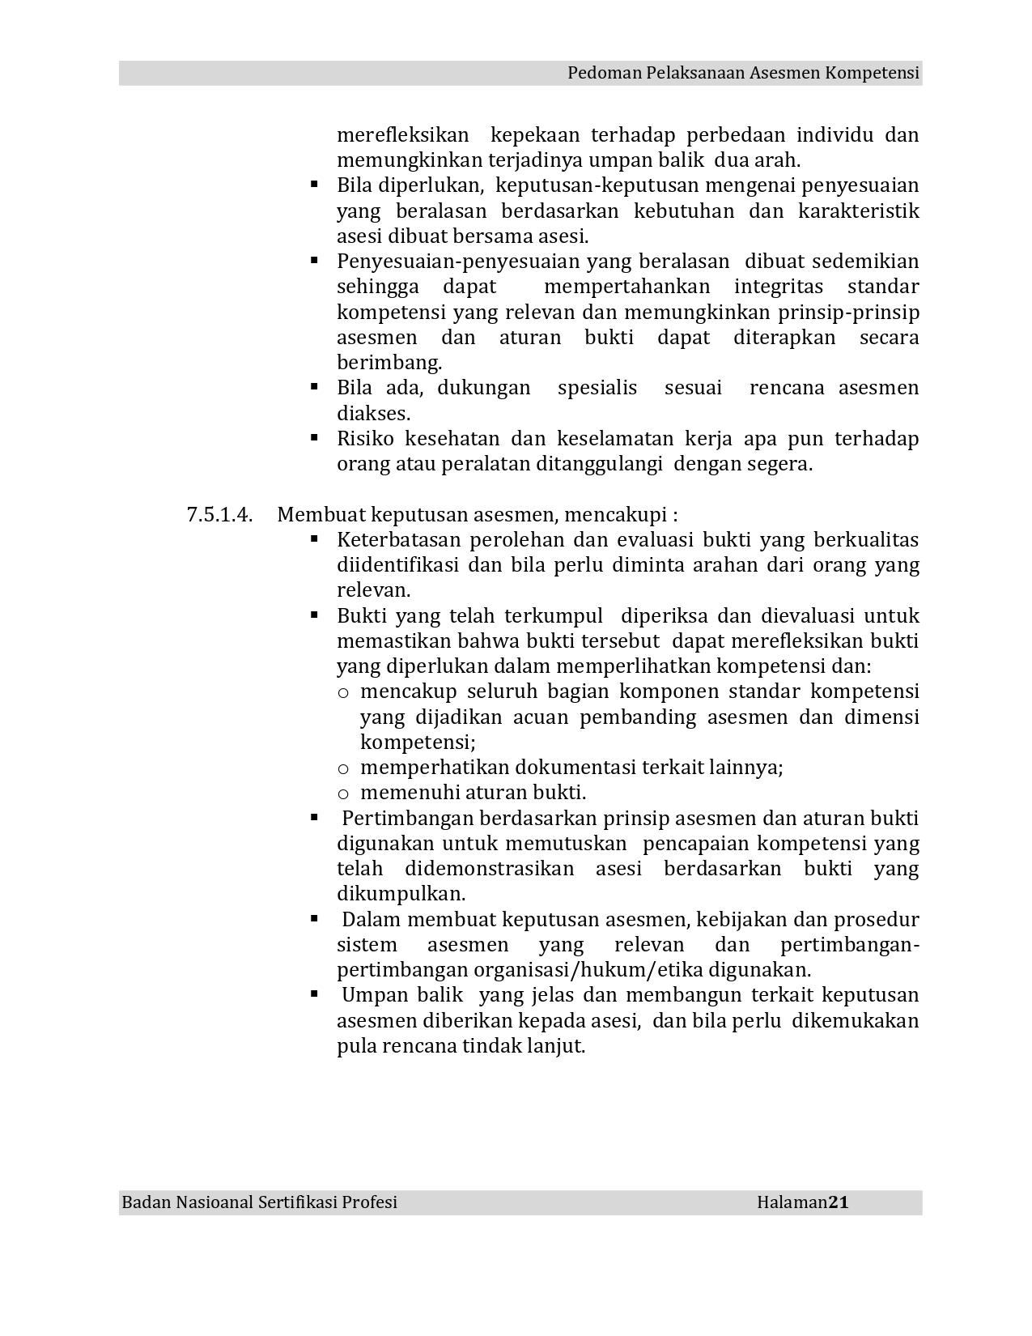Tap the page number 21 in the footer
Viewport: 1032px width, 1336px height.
pos(839,1202)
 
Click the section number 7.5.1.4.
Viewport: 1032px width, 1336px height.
pos(219,515)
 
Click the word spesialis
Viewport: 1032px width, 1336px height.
pos(597,388)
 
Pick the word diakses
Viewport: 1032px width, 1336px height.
pos(373,414)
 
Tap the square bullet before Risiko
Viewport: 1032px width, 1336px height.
pos(314,438)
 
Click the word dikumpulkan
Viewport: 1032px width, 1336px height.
pos(401,895)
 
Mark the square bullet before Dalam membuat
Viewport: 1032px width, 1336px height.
pos(314,919)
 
